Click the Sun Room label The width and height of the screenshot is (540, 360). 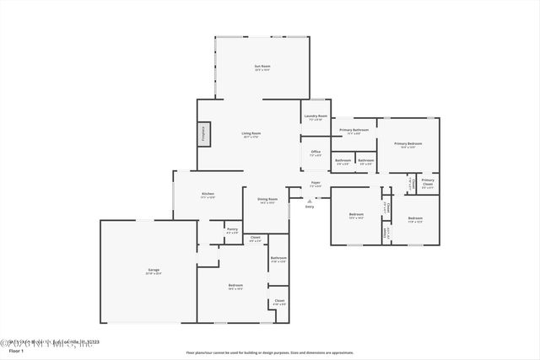tap(262, 66)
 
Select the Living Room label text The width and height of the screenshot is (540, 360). tap(251, 133)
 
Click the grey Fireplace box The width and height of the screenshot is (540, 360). tap(203, 135)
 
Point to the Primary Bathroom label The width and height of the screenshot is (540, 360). tap(354, 130)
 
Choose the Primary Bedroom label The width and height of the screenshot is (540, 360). tap(408, 143)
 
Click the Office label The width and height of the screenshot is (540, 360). tap(315, 152)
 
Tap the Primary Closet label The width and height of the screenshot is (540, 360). tap(428, 180)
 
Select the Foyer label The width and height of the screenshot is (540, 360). tap(315, 182)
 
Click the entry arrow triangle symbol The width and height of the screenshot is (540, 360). tap(310, 201)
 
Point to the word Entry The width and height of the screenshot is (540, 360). tap(310, 207)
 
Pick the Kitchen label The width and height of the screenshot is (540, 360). tap(208, 194)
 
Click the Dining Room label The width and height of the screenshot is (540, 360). tap(267, 199)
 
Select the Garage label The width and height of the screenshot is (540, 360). tap(154, 270)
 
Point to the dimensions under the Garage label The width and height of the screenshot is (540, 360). tap(154, 274)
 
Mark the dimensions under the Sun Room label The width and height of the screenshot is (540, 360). tap(262, 70)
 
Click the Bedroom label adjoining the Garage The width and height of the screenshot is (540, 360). tap(235, 285)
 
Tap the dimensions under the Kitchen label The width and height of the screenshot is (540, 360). tap(208, 198)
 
